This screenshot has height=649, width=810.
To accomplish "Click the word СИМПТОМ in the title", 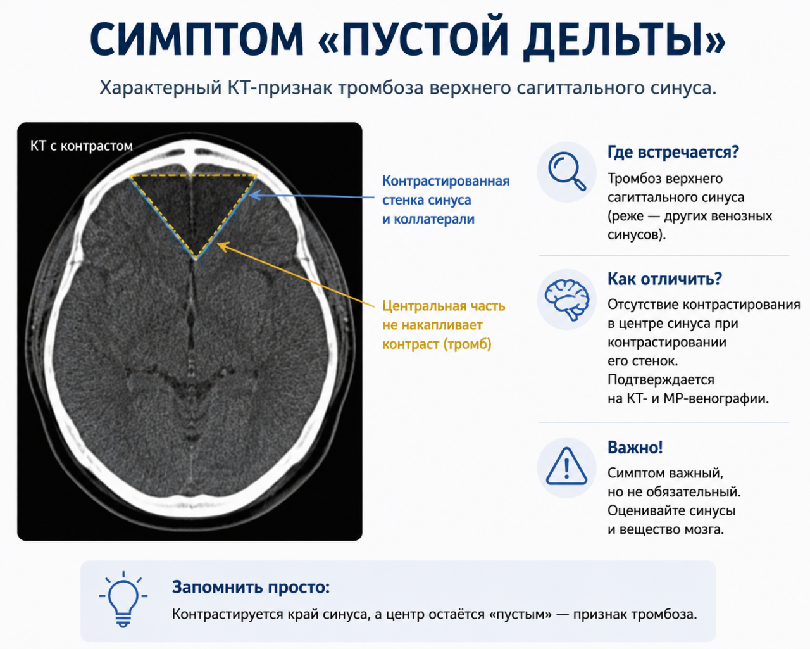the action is (x=196, y=39).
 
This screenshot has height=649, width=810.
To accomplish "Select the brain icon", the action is (x=567, y=299).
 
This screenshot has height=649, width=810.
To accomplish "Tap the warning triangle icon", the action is (x=566, y=466).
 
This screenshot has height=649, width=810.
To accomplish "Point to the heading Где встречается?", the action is (x=673, y=152).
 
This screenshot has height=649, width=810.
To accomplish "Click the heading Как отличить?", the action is (x=664, y=279).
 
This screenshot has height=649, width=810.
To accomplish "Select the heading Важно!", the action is (x=635, y=447).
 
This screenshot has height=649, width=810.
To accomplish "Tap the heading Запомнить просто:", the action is (x=251, y=587).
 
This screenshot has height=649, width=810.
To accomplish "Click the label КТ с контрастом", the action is (x=81, y=146).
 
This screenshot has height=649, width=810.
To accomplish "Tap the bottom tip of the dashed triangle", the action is (x=196, y=259).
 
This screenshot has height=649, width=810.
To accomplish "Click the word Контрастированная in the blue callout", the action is (x=446, y=181).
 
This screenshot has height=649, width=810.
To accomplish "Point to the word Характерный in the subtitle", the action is (x=161, y=88).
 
